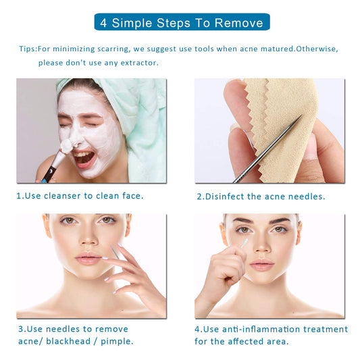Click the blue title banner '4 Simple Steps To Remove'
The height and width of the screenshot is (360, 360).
point(181,22)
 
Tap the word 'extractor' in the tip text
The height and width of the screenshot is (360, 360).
point(136,62)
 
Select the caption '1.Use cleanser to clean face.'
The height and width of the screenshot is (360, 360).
point(80,196)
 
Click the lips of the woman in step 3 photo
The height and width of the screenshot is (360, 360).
point(88,259)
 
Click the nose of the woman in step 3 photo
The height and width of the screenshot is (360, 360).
point(88,240)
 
